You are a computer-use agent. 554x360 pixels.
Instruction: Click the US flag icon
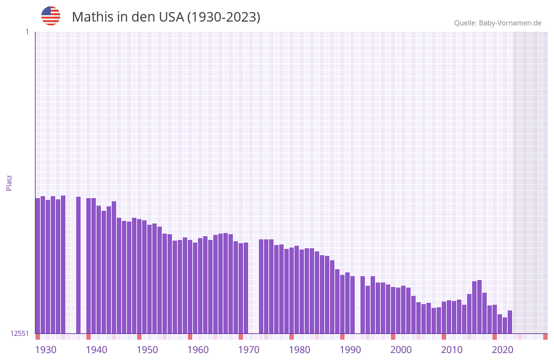(51, 16)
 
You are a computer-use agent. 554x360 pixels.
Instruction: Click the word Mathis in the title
(92, 17)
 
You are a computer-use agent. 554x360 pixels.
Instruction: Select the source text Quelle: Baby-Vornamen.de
(498, 23)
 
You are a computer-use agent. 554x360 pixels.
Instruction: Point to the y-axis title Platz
(9, 182)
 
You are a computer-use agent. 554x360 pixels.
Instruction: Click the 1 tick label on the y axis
(27, 32)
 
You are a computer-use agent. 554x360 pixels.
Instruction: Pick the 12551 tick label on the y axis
(20, 333)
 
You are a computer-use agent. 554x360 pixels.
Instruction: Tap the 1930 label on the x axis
(46, 350)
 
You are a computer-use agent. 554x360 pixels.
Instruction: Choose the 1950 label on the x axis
(147, 350)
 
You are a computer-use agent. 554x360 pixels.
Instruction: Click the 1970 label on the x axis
(249, 350)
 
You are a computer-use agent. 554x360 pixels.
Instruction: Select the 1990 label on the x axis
(350, 350)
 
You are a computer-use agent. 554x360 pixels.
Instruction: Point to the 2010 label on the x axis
(452, 350)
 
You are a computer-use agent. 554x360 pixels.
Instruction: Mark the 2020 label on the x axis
(503, 350)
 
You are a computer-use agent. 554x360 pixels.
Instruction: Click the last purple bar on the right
(510, 322)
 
